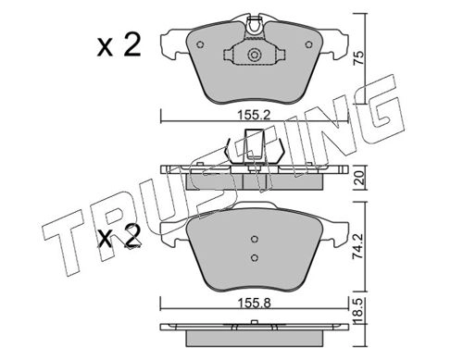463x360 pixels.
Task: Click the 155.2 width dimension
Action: [254, 116]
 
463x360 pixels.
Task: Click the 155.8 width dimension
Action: [254, 304]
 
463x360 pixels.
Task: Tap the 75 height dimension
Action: [358, 58]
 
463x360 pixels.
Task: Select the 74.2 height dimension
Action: [358, 246]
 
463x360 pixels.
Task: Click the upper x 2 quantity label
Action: [119, 45]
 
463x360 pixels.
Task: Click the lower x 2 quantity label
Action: [119, 236]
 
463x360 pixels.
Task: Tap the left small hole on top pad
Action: [200, 44]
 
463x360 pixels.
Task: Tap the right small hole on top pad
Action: [308, 44]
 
